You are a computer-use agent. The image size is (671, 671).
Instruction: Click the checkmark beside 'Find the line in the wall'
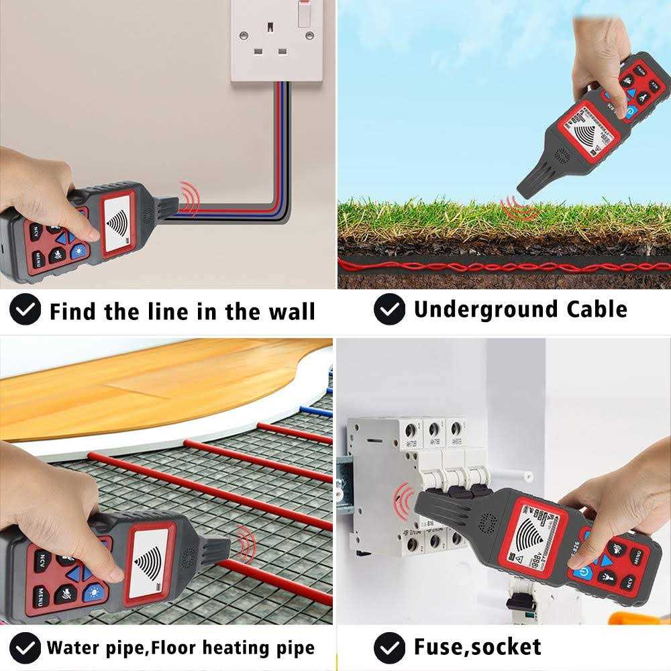coord(25,311)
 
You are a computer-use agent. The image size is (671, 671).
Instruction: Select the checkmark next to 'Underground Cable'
coord(389,310)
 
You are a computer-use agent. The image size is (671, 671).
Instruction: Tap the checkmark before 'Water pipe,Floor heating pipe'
coord(25,648)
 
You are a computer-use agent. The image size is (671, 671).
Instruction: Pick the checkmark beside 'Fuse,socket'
coord(389,647)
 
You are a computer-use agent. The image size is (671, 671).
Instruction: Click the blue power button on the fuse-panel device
coord(580,576)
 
